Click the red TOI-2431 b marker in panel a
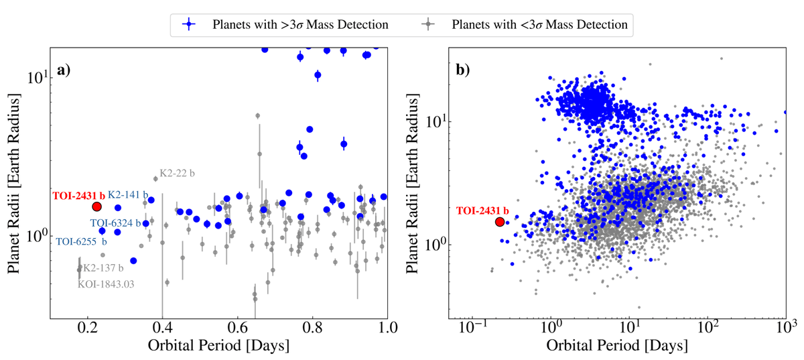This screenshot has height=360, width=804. [x=96, y=207]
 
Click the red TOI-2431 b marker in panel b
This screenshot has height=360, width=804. [x=499, y=221]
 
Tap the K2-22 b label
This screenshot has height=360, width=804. [x=177, y=173]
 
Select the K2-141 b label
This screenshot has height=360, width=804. [x=128, y=194]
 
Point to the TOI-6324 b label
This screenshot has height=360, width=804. [x=115, y=223]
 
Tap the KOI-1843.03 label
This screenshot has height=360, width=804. [x=106, y=284]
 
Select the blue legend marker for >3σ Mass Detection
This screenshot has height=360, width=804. [x=191, y=25]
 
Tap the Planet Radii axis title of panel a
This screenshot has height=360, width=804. [x=14, y=181]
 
